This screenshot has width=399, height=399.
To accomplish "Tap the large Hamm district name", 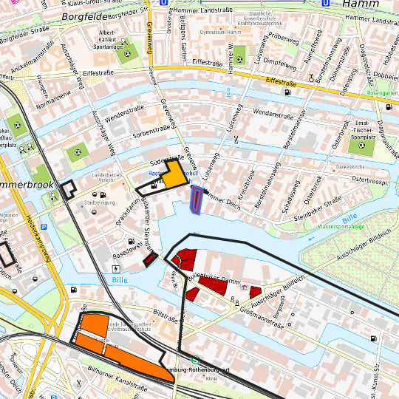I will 361,4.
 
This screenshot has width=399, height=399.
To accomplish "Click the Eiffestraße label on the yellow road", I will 280,83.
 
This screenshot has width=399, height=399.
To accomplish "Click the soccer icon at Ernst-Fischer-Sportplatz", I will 361,145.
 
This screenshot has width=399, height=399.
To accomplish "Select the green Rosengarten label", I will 382,94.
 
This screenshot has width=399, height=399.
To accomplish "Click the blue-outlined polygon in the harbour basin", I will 197,199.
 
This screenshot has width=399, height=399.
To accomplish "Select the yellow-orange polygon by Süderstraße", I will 173,174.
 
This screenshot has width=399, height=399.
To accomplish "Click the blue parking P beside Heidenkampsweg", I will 44,227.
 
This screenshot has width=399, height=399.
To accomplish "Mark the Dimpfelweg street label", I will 275,63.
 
